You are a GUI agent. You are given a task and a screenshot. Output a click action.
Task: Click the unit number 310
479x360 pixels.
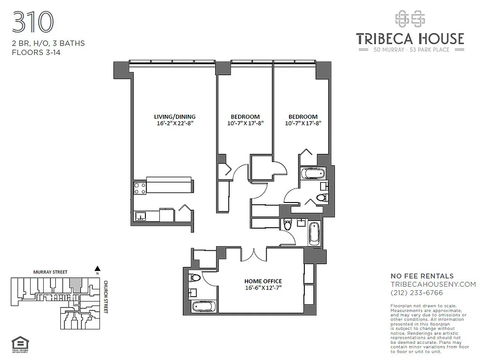32,22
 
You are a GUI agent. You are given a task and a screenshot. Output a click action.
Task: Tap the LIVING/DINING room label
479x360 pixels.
175,117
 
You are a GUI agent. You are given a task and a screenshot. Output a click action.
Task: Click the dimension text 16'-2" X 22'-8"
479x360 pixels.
175,123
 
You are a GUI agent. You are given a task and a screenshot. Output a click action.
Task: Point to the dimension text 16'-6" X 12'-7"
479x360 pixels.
264,288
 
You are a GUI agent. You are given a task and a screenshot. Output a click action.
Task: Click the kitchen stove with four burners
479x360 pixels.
140,188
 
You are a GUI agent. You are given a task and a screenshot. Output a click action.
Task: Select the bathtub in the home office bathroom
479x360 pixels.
203,307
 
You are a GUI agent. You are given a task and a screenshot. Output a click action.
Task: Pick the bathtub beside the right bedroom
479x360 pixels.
313,173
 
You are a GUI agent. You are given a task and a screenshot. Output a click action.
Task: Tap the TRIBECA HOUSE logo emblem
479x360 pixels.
410,19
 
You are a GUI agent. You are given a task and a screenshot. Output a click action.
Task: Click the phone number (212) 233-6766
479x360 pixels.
417,292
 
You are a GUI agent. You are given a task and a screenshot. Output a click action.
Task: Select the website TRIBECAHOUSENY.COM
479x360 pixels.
433,284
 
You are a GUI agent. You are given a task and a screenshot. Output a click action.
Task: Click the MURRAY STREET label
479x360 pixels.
50,272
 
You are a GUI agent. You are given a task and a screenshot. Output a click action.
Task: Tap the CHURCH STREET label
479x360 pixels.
106,297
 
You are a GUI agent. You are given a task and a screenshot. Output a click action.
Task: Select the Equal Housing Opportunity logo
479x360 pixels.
20,344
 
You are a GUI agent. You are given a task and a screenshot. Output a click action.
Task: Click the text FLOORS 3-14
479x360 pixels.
36,52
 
